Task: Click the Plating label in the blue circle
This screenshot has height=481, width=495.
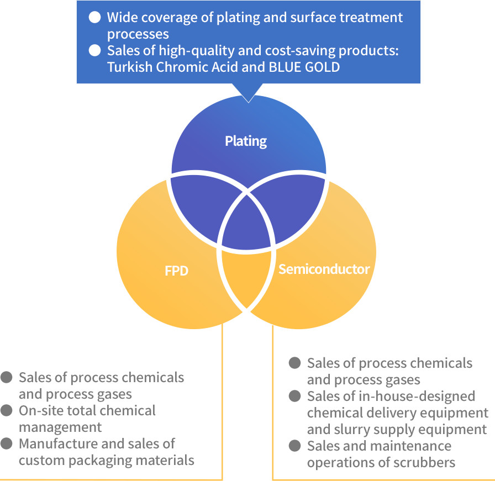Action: click(246, 141)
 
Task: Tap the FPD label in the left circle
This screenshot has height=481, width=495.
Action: click(177, 271)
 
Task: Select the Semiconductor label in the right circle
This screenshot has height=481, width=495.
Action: click(324, 269)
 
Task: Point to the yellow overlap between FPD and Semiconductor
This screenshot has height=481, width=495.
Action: click(246, 276)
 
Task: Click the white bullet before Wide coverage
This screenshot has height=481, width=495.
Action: click(95, 17)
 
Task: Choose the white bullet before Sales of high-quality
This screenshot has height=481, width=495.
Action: click(95, 50)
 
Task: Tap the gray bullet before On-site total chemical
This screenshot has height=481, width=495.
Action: click(7, 411)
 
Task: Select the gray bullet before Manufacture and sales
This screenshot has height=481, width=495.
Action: click(7, 443)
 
